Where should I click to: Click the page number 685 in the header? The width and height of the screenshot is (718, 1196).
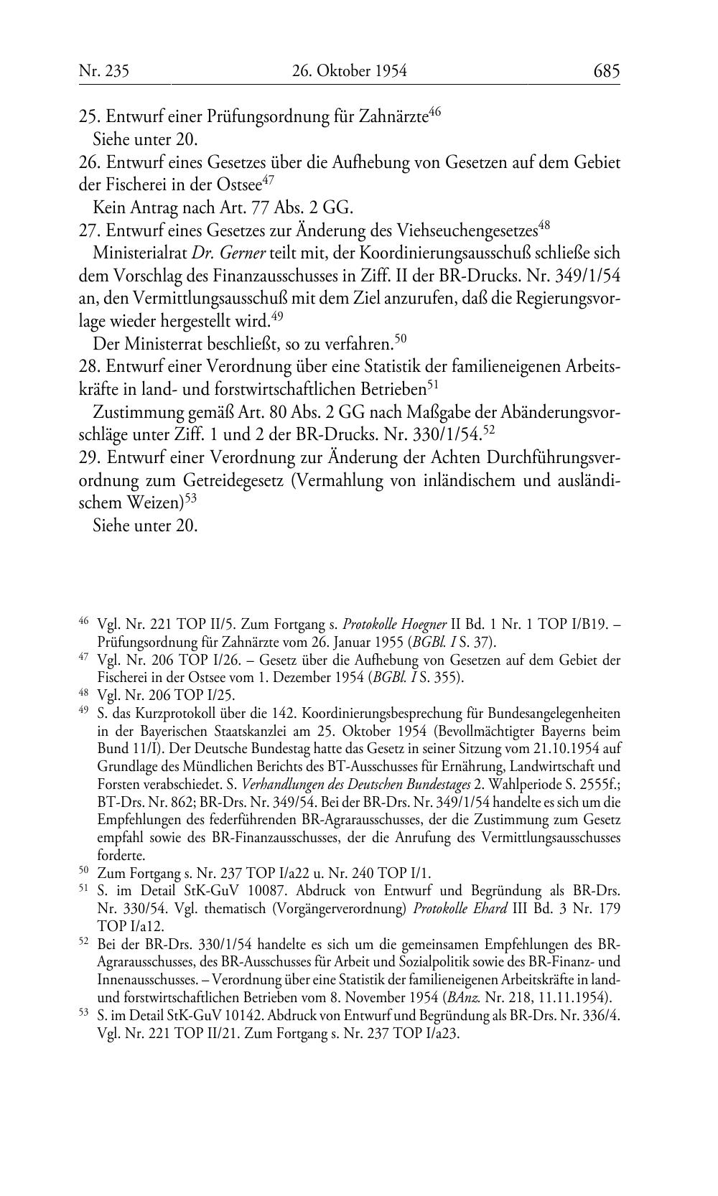tap(606, 70)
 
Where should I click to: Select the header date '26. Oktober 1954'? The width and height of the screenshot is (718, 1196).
tap(350, 70)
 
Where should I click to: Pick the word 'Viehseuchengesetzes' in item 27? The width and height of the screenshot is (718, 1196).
tap(467, 231)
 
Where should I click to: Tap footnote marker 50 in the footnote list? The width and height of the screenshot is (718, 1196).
tap(83, 872)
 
